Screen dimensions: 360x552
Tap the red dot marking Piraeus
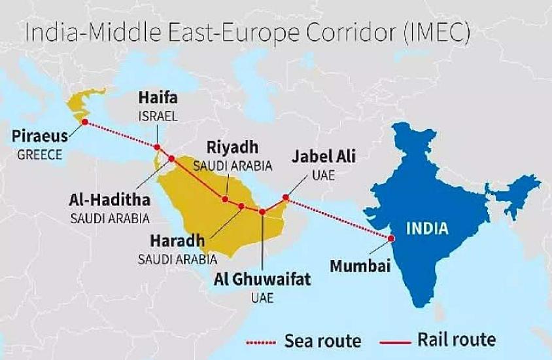pos(84,122)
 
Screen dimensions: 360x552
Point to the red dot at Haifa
pos(157,147)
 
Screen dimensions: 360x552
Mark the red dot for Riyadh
pos(225,199)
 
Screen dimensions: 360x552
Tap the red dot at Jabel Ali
pos(286,197)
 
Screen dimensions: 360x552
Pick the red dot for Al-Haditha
pos(171,158)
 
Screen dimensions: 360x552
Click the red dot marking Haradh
pos(241,206)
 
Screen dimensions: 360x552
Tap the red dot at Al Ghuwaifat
pos(263,211)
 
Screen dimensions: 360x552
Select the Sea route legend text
pos(322,340)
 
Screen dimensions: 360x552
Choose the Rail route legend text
pos(456,340)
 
